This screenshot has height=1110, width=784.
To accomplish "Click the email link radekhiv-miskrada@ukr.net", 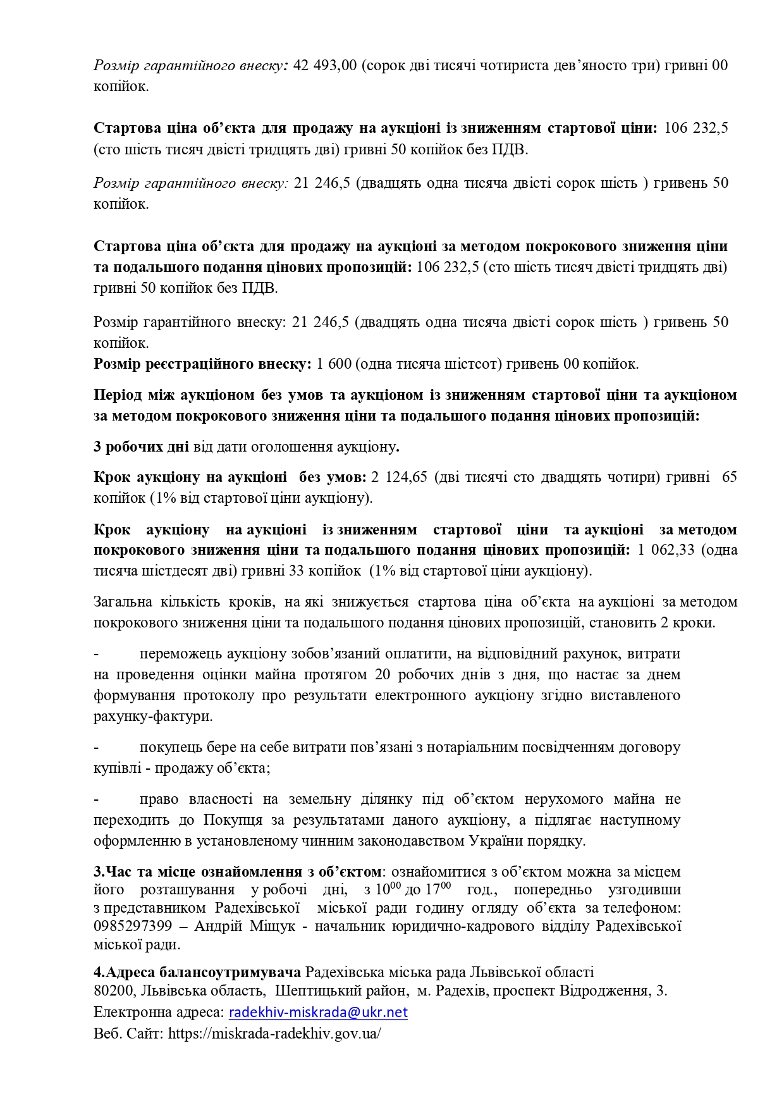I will pos(318,1013).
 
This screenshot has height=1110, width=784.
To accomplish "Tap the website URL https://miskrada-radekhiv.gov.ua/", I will pos(274,1033).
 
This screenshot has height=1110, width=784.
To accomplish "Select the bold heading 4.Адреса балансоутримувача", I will pos(197,972).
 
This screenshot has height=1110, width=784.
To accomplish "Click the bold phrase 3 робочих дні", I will pos(141,447).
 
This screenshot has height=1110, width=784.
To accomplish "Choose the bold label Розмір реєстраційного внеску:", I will pos(202,364).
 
